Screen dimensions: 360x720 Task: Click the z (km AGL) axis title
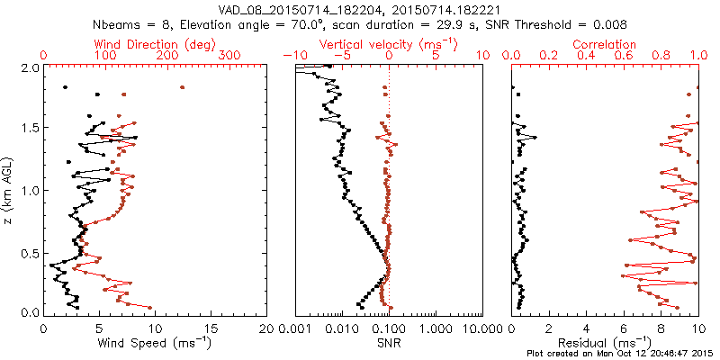(10, 189)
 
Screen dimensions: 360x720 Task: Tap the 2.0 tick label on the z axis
(28, 67)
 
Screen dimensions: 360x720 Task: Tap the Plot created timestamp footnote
(620, 354)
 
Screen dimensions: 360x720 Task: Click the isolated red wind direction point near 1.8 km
(182, 87)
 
